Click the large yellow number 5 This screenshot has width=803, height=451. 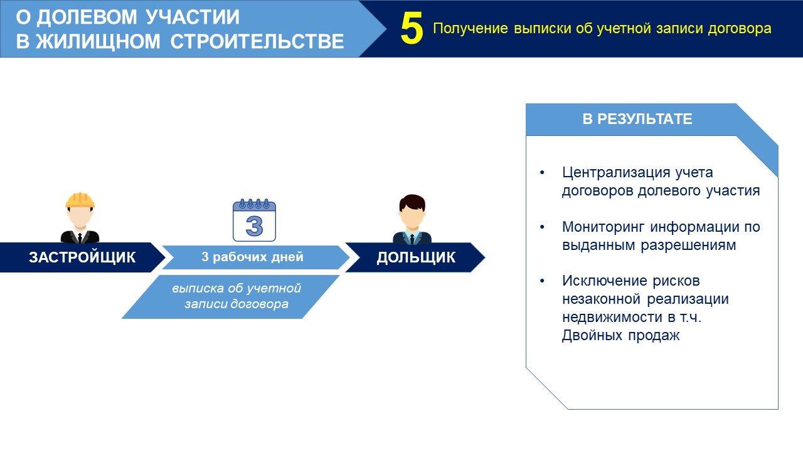(x=412, y=29)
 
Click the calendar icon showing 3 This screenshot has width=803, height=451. (x=254, y=220)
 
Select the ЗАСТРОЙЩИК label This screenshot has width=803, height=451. (x=82, y=257)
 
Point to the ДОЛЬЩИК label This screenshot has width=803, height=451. (x=416, y=257)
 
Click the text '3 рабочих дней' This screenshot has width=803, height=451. (x=252, y=257)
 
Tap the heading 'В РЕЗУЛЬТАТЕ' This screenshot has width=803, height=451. (x=637, y=119)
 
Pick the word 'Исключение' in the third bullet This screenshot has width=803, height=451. (x=604, y=281)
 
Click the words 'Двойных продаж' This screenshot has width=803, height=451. (x=620, y=336)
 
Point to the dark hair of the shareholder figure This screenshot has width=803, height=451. (x=412, y=202)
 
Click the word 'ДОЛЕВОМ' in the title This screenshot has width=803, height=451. (x=87, y=17)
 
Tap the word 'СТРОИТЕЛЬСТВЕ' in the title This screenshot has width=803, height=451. (x=257, y=41)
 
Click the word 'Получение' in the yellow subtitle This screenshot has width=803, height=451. (x=471, y=29)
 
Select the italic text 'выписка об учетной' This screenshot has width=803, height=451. (x=237, y=289)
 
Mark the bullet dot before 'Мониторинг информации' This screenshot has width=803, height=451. (x=542, y=227)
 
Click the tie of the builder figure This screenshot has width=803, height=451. (x=80, y=237)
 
